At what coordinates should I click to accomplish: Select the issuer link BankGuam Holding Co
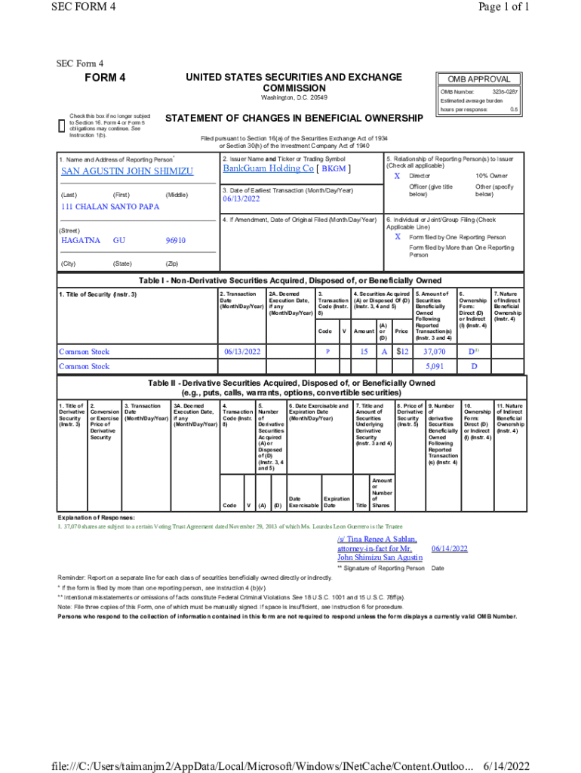coord(268,168)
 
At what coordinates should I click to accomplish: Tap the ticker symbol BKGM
coord(334,169)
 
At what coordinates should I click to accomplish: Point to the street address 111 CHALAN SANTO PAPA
coord(109,207)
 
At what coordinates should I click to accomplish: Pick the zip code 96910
coord(175,240)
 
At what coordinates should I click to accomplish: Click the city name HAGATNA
coord(80,240)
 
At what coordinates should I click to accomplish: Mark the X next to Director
coord(397,175)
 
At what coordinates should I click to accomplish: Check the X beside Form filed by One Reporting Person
coord(397,236)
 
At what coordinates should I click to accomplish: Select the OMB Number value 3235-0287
coord(505,91)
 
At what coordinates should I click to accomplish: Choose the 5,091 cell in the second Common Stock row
coord(435,366)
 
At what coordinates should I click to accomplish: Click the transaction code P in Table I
coord(327,352)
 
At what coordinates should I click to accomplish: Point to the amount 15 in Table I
coord(364,352)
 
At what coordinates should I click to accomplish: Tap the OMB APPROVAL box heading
coord(479,79)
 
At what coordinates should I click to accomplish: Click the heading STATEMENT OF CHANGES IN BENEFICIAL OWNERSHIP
coord(294,119)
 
